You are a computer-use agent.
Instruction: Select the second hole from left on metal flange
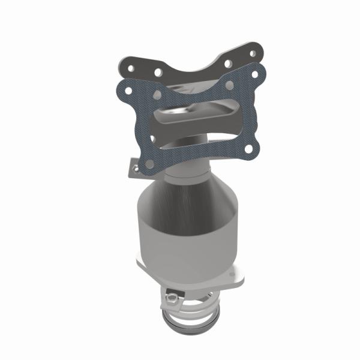tap(157, 72)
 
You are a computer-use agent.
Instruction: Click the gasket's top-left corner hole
tap(124, 91)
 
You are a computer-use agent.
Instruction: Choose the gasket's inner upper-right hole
tap(229, 85)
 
